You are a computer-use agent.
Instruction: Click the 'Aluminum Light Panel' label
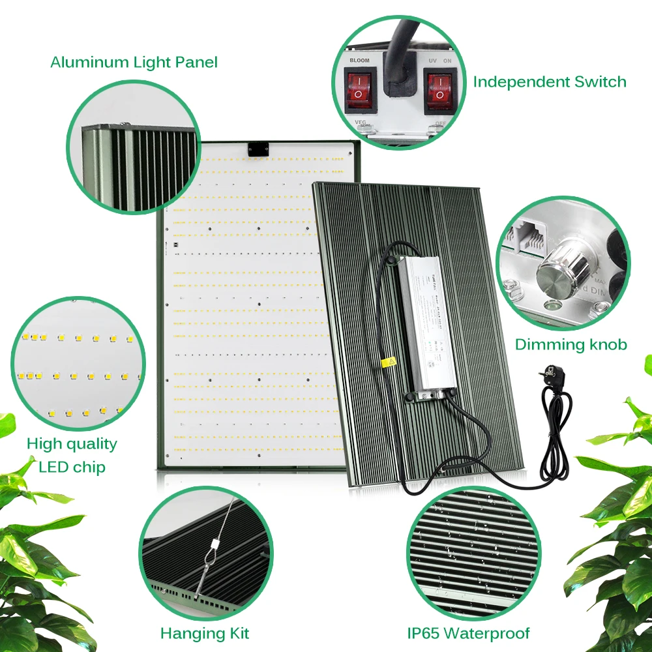tap(134, 63)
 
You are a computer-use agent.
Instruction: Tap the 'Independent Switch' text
tap(549, 82)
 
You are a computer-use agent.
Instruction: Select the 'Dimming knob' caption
tap(570, 345)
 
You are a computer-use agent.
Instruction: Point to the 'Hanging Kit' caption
tap(204, 633)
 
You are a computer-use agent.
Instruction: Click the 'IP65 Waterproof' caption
tap(468, 633)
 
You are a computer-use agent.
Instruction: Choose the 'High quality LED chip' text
tap(72, 455)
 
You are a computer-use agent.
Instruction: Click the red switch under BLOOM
tap(358, 91)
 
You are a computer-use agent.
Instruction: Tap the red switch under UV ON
tap(439, 91)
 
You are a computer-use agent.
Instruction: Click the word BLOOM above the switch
tap(359, 61)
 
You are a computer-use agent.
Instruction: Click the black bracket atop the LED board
tap(258, 149)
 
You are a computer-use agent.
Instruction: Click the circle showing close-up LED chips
tap(77, 362)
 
